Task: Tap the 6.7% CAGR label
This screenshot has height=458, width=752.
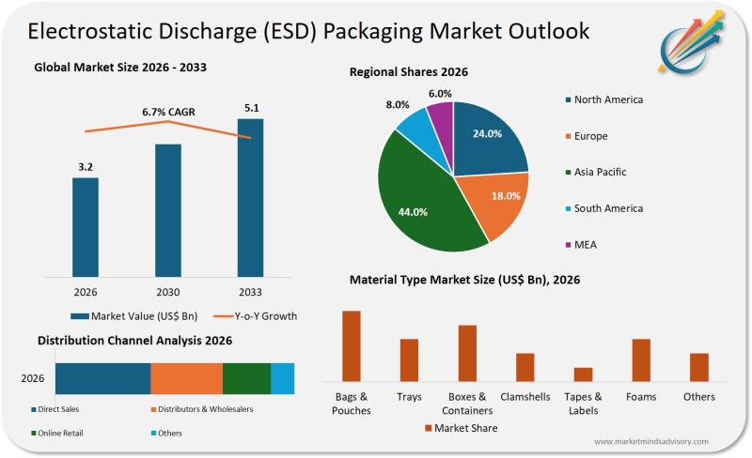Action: tap(168, 112)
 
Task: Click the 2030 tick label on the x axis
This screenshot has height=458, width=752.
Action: tap(168, 292)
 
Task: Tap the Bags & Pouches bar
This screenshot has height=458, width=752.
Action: tap(352, 344)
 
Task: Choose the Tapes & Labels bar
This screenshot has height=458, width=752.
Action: tap(584, 374)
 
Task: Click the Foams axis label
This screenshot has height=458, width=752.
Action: tap(641, 397)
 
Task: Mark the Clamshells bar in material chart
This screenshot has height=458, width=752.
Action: tap(525, 366)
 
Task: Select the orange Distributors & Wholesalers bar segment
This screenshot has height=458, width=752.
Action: tap(187, 377)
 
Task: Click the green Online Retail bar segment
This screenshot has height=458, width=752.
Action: tap(246, 377)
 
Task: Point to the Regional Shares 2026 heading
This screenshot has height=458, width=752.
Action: tap(409, 72)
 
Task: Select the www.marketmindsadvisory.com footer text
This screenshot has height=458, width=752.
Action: tap(651, 441)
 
